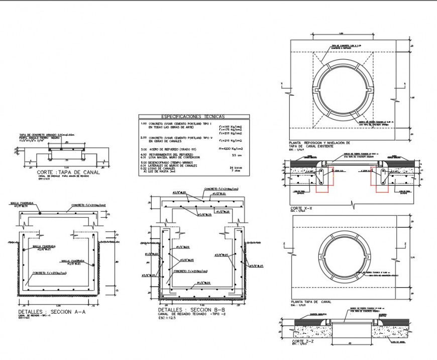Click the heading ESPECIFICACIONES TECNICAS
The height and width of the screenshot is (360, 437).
pyautogui.click(x=190, y=116)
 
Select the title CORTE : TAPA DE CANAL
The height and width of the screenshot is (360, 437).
pyautogui.click(x=68, y=172)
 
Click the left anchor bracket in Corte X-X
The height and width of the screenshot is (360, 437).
pyautogui.click(x=320, y=175)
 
